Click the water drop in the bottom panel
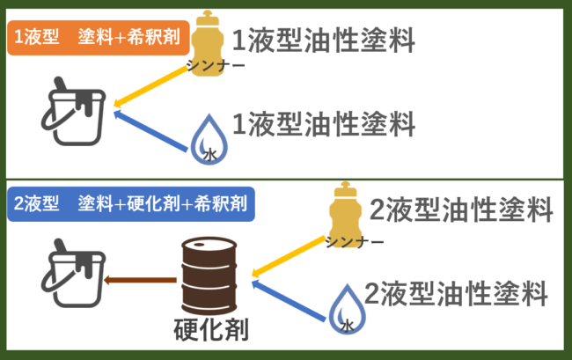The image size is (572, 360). coord(345,308)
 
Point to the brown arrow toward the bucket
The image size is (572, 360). coord(139,280)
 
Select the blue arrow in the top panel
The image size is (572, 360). coord(153,129)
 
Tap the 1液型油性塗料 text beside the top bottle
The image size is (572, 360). coord(322,39)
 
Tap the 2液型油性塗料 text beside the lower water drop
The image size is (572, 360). coord(456,291)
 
